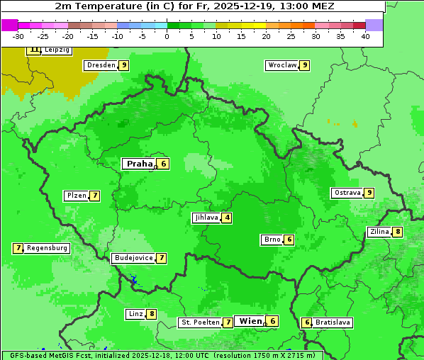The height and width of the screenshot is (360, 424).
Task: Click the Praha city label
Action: pos(140,164)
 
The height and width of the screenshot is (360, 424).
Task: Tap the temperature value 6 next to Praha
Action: pos(163,164)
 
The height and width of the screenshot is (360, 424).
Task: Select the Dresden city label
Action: pos(101,65)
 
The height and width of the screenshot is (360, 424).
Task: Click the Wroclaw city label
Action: pos(281,65)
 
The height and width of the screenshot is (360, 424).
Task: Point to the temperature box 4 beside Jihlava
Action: pos(227,218)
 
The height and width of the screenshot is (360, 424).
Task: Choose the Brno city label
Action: pos(272,240)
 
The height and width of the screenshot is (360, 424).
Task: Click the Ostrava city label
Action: pos(347,193)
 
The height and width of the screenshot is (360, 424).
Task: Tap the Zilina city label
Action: pos(379,232)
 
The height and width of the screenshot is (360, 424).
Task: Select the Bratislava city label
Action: pos(333,322)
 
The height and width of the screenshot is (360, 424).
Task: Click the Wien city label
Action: pos(250,321)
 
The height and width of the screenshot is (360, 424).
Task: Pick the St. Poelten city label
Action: pos(200,322)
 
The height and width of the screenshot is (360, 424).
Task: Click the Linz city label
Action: pos(135,314)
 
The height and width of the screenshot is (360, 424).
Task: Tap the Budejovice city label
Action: pos(133,258)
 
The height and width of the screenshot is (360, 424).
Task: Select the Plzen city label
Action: pos(76,196)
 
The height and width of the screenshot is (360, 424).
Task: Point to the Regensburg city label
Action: pos(47,248)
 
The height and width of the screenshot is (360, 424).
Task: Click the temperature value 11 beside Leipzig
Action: pos(34,50)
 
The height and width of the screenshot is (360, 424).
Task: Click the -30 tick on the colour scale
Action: pos(18,36)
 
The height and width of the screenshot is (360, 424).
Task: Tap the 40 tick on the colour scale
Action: pos(365,36)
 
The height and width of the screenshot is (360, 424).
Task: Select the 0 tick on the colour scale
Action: pos(167,36)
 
